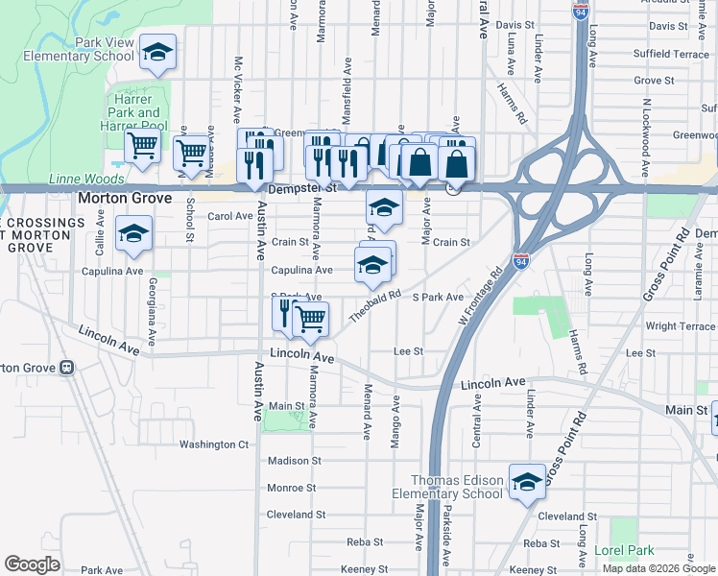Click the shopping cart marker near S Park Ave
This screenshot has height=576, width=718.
(x=310, y=319)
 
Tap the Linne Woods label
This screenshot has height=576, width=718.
(x=74, y=180)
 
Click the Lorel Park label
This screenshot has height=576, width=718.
(x=623, y=550)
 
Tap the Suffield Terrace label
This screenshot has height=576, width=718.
(x=678, y=55)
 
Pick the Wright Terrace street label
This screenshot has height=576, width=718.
(x=681, y=326)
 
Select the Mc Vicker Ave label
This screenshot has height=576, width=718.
(x=237, y=89)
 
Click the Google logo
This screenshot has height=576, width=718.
(x=32, y=564)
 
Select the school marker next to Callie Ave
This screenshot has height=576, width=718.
(x=133, y=233)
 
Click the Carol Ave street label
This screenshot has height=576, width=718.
(x=229, y=217)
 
